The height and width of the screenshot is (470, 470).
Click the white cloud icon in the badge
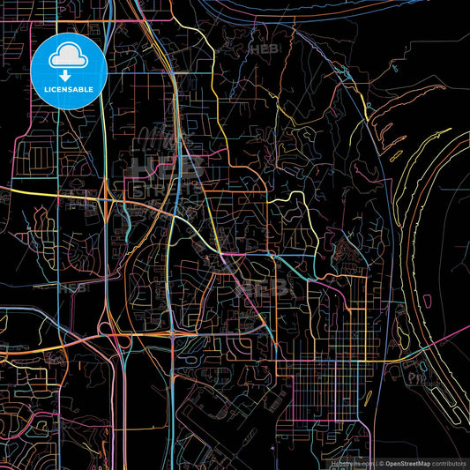click(x=69, y=56)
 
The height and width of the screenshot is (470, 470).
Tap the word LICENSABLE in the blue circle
click(x=69, y=90)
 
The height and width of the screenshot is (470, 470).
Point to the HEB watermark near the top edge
click(x=264, y=51)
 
